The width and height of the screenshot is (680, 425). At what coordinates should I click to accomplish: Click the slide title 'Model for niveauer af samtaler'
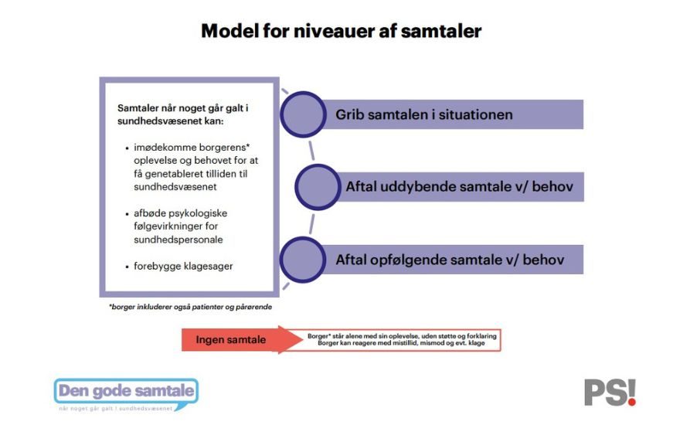coord(341,31)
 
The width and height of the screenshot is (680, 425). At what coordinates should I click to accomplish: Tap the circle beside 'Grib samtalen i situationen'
coord(303,114)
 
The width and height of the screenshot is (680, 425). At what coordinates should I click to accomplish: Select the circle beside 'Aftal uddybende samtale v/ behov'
coord(318,187)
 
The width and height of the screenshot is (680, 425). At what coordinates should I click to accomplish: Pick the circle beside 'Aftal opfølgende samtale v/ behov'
coord(303,259)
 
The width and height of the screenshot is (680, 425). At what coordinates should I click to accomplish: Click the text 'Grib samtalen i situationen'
coord(424,115)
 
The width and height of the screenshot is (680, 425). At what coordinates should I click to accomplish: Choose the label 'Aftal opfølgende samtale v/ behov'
coord(450,260)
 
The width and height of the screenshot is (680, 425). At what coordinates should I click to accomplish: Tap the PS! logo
coord(610,392)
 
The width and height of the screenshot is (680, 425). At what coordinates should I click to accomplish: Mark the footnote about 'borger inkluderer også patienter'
coord(190,307)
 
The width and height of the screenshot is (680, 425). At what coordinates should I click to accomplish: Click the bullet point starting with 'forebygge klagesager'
coord(183,267)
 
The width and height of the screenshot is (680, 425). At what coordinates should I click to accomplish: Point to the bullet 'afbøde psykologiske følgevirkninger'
coord(183,226)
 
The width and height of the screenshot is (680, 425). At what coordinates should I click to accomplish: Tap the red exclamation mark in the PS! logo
coord(631,392)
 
